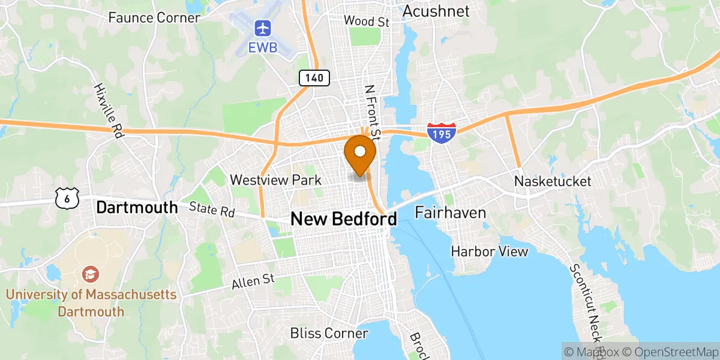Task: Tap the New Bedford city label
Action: [343, 219]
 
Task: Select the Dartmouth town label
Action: [137, 208]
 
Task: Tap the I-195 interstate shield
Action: [442, 133]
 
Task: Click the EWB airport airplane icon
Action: [263, 28]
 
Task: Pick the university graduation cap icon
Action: [91, 275]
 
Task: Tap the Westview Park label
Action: [275, 180]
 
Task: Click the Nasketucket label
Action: [553, 181]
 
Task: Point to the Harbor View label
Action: [490, 251]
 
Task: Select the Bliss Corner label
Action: [329, 333]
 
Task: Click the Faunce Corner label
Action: [154, 17]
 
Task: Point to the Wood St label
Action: [367, 22]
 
